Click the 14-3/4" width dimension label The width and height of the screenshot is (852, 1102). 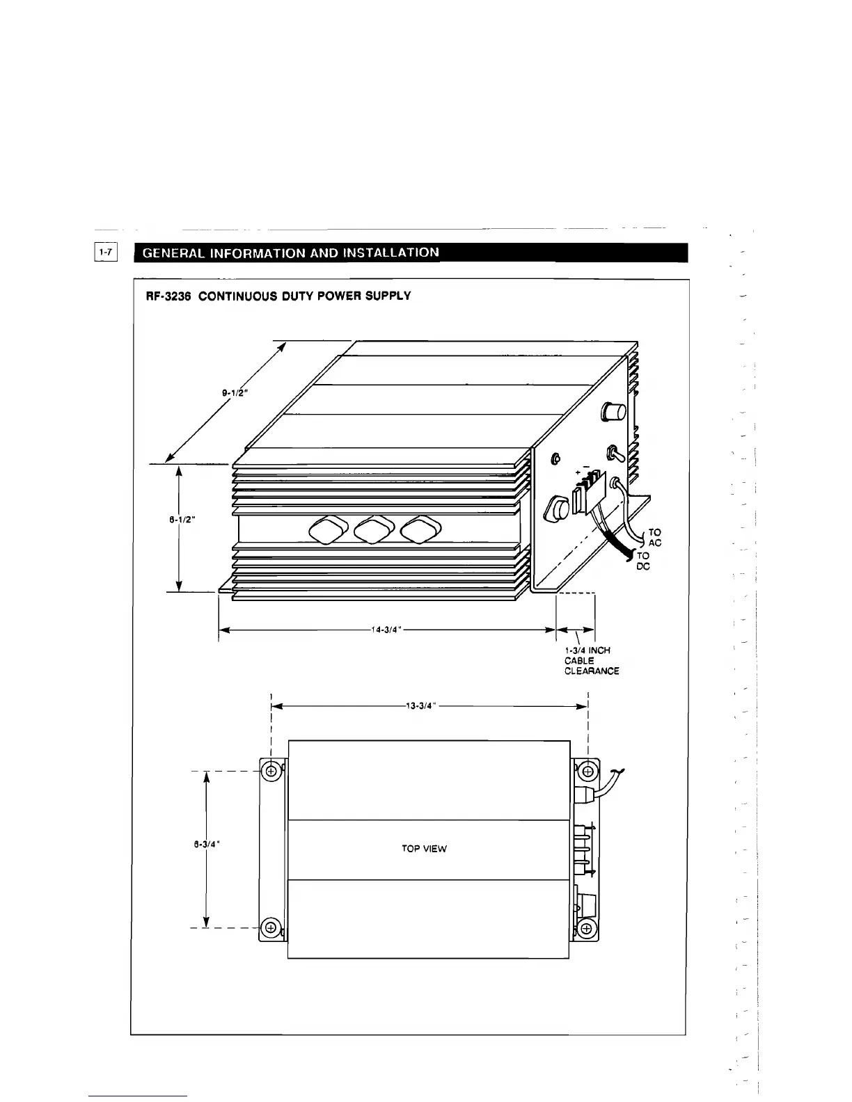pyautogui.click(x=388, y=630)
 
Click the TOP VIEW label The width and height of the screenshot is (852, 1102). pyautogui.click(x=425, y=849)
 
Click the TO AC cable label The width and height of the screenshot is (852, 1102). pyautogui.click(x=654, y=538)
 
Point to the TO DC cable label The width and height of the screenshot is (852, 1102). pyautogui.click(x=643, y=561)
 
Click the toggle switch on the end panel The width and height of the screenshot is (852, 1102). pyautogui.click(x=615, y=454)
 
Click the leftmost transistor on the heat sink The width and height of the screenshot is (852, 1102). pyautogui.click(x=329, y=531)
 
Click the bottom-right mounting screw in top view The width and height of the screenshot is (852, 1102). pyautogui.click(x=586, y=929)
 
